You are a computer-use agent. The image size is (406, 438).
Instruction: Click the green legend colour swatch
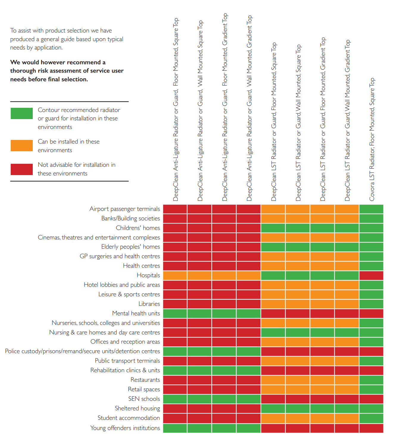(x=21, y=113)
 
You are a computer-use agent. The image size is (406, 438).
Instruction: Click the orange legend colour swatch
(x=21, y=146)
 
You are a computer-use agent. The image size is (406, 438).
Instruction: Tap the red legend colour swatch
(x=21, y=169)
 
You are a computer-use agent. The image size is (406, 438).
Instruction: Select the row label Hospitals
(x=148, y=275)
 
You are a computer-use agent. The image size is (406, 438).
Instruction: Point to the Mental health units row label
(x=136, y=313)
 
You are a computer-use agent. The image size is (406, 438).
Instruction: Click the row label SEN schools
(x=144, y=399)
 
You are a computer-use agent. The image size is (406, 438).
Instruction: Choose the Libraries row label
(x=149, y=304)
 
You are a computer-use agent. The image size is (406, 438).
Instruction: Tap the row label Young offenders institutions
(x=125, y=428)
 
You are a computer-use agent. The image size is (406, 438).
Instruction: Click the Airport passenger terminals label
(x=124, y=209)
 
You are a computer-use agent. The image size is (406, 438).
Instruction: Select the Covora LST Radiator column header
(x=372, y=139)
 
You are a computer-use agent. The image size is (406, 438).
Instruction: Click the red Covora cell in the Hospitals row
(x=371, y=275)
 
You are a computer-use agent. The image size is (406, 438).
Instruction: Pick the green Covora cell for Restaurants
(x=371, y=380)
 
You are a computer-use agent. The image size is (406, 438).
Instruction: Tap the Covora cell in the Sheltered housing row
(x=371, y=408)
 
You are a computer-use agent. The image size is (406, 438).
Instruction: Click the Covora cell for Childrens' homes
(x=371, y=228)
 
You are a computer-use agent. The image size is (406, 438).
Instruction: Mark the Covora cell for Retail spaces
(x=371, y=389)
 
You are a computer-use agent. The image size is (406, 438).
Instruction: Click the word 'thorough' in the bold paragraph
(x=24, y=71)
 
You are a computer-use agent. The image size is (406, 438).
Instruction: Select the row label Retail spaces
(x=144, y=389)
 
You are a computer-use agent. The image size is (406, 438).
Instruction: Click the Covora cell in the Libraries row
(x=371, y=304)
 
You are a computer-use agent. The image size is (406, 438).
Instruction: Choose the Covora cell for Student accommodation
(x=371, y=418)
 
